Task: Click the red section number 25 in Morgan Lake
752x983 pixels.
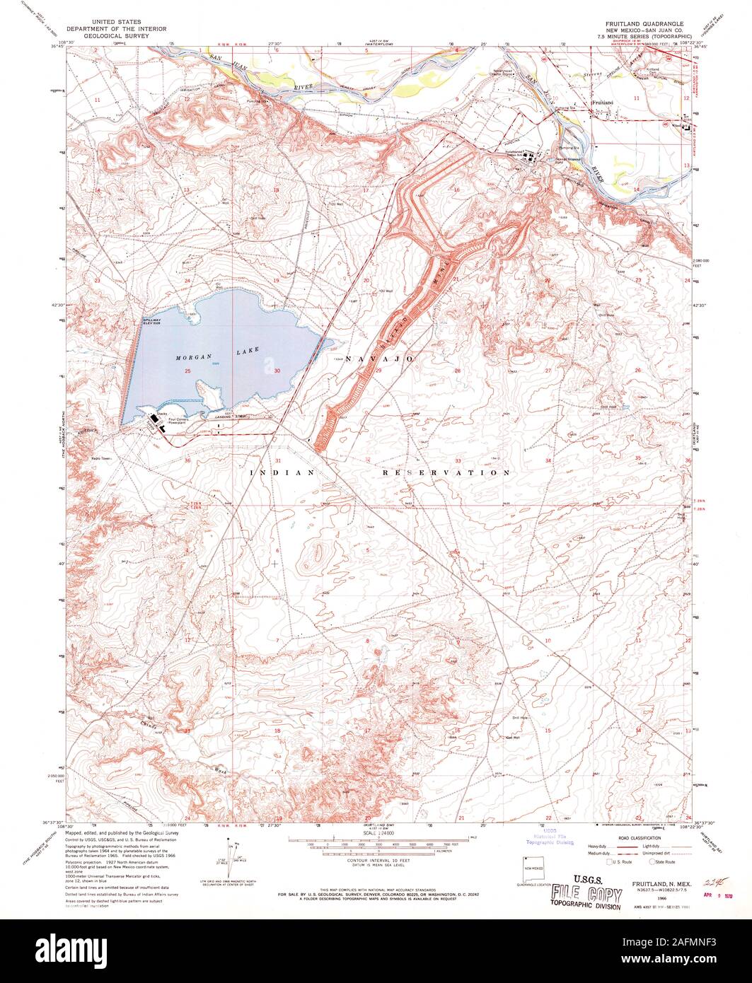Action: click(x=188, y=371)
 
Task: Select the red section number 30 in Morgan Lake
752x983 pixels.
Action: click(x=277, y=371)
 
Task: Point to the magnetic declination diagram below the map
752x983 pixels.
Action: click(x=229, y=856)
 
